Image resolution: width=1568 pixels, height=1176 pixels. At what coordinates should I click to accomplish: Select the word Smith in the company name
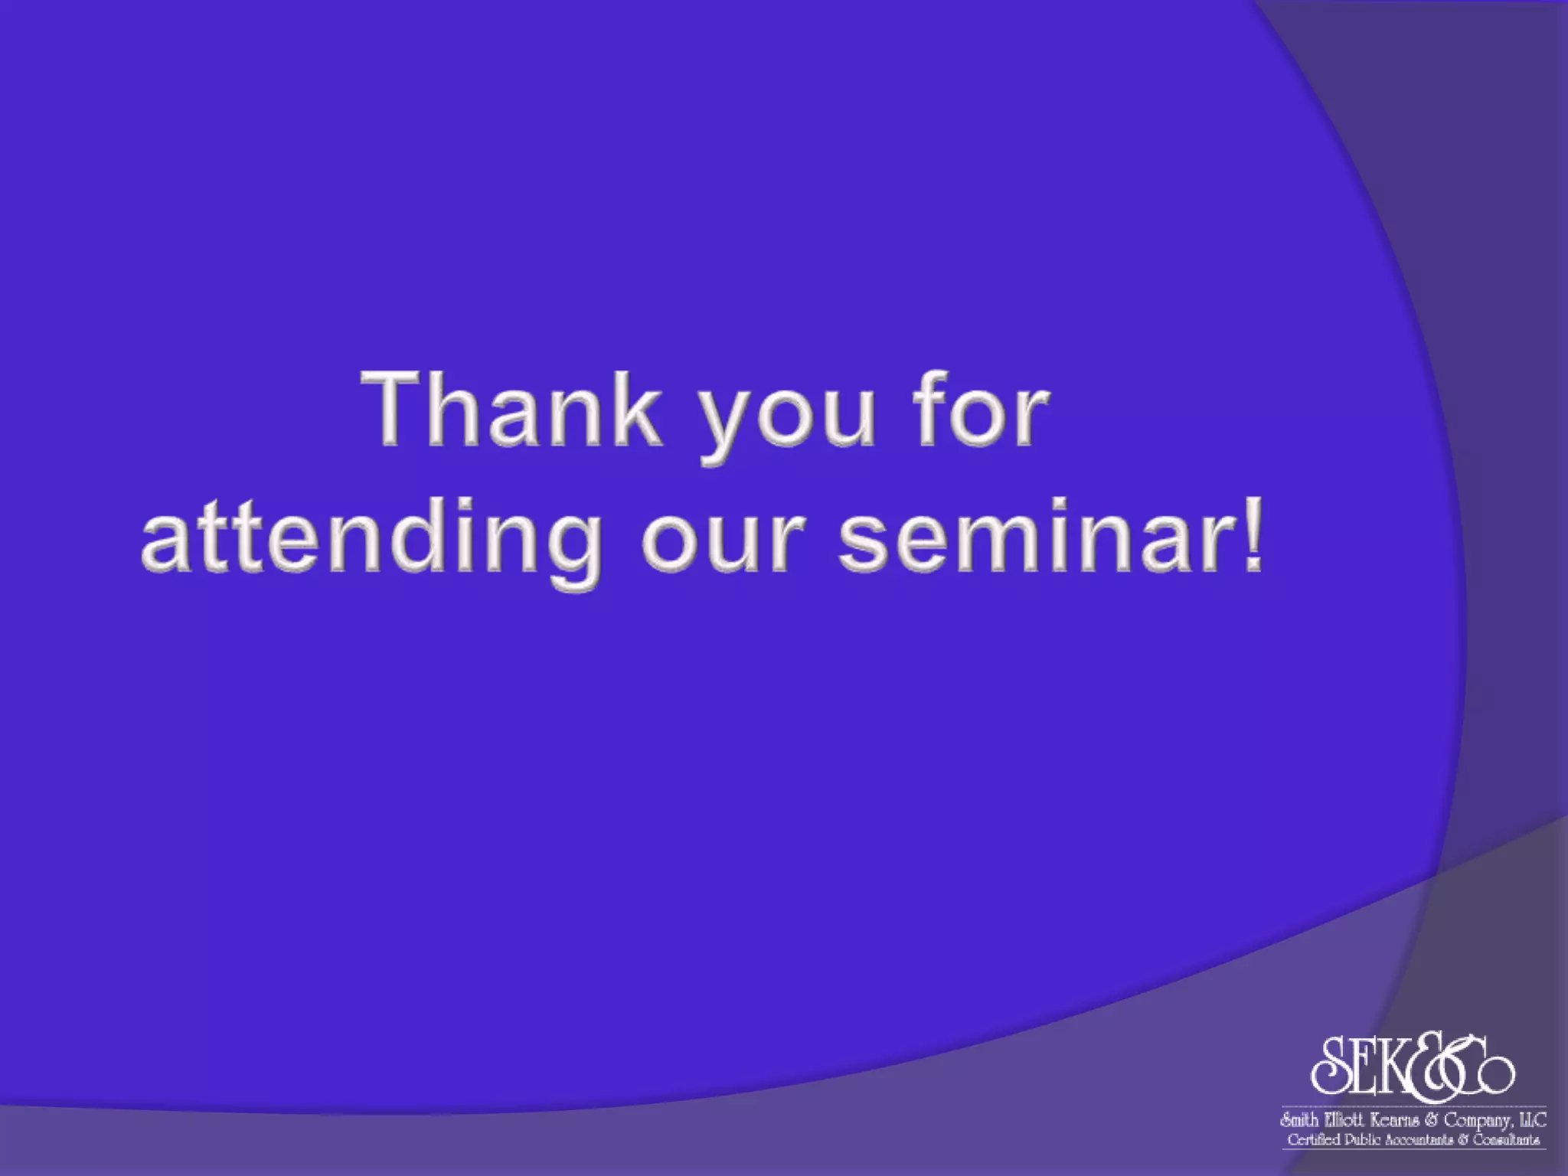(1299, 1121)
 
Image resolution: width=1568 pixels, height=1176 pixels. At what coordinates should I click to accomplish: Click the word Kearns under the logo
(1393, 1121)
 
